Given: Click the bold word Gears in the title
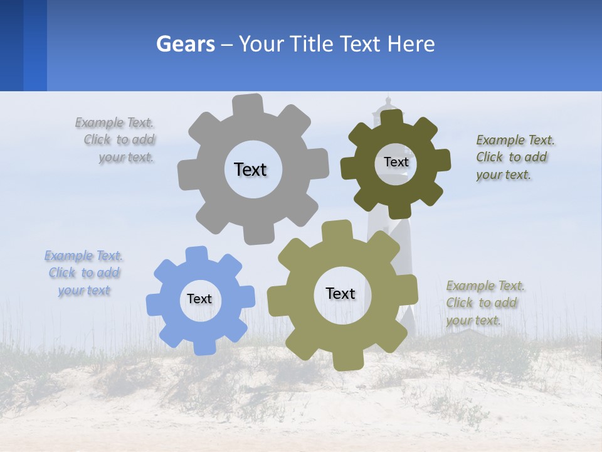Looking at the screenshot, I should pyautogui.click(x=186, y=44).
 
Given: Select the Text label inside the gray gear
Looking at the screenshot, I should pyautogui.click(x=250, y=169).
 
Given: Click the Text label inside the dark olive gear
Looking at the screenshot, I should pyautogui.click(x=396, y=162).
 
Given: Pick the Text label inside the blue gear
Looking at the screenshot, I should pyautogui.click(x=199, y=299).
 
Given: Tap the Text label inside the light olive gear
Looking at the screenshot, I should pyautogui.click(x=341, y=293).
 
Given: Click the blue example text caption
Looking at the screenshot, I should pyautogui.click(x=84, y=273).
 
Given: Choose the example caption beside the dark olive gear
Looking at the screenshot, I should pyautogui.click(x=515, y=158).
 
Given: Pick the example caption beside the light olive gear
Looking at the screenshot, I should pyautogui.click(x=485, y=303).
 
